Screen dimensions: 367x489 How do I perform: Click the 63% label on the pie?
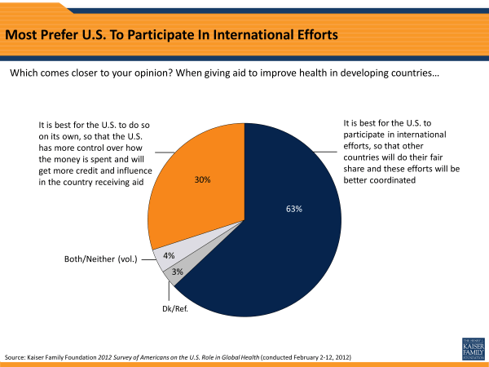(294, 209)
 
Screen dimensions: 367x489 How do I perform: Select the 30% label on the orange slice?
(203, 179)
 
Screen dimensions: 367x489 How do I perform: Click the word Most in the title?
(24, 36)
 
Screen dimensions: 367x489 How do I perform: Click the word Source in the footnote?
(16, 358)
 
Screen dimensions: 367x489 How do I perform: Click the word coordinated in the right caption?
(381, 180)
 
